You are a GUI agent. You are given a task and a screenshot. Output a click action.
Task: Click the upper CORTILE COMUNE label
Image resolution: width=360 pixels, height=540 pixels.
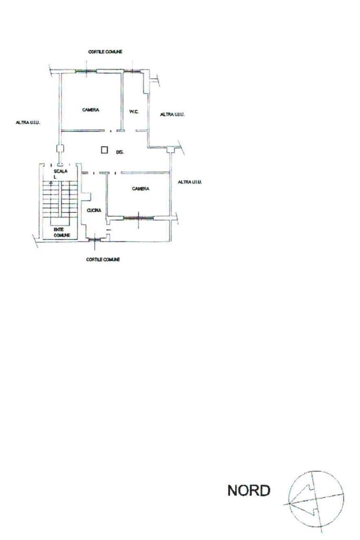tap(105, 52)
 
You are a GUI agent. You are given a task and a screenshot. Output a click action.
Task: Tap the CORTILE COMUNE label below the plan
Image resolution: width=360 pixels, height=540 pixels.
tap(103, 259)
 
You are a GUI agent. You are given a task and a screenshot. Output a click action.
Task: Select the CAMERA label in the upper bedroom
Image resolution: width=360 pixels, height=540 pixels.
tap(91, 110)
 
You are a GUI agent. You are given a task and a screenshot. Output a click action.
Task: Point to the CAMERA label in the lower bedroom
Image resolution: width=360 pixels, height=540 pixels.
tap(141, 188)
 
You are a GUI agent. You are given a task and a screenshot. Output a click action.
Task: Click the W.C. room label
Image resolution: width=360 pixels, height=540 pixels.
tap(134, 111)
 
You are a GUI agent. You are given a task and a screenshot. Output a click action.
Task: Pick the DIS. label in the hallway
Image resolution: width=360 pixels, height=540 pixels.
tap(120, 152)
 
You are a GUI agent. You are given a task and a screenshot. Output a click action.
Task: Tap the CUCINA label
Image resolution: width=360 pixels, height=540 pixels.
tap(94, 210)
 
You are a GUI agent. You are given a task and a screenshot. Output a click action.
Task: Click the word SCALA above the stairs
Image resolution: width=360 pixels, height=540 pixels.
tap(59, 171)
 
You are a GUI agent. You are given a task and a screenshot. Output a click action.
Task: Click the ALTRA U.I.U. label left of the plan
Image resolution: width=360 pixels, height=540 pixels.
tap(28, 122)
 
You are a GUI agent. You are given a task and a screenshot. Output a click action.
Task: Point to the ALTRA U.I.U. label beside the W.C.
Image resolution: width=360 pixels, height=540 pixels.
tap(172, 114)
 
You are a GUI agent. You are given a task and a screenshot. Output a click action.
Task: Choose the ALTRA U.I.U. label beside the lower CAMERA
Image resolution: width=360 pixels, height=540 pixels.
tap(190, 182)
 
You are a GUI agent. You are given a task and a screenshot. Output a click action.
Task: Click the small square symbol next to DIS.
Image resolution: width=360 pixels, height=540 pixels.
tap(105, 150)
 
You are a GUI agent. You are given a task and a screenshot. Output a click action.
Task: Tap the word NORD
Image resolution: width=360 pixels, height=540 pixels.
tap(249, 491)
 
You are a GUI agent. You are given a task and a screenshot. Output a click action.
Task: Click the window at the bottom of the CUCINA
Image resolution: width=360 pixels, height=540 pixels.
tap(94, 240)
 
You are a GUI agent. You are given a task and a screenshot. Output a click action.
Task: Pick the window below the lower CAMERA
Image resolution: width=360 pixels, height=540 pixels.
tap(139, 217)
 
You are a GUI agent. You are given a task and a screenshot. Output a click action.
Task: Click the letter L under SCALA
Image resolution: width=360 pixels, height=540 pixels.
tap(55, 177)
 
